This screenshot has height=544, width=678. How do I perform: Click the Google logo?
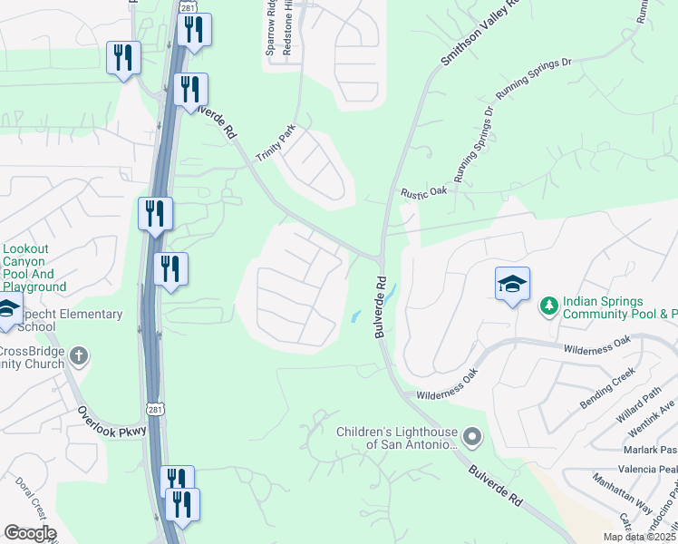[x=30, y=533]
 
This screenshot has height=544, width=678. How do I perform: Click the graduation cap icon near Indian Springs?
[x=512, y=285]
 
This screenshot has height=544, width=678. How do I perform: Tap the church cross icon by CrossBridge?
[x=80, y=355]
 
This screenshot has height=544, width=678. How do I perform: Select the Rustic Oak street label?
[x=425, y=191]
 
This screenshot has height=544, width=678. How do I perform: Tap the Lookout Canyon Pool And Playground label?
[x=34, y=267]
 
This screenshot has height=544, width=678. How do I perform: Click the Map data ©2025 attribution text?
[x=639, y=537]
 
